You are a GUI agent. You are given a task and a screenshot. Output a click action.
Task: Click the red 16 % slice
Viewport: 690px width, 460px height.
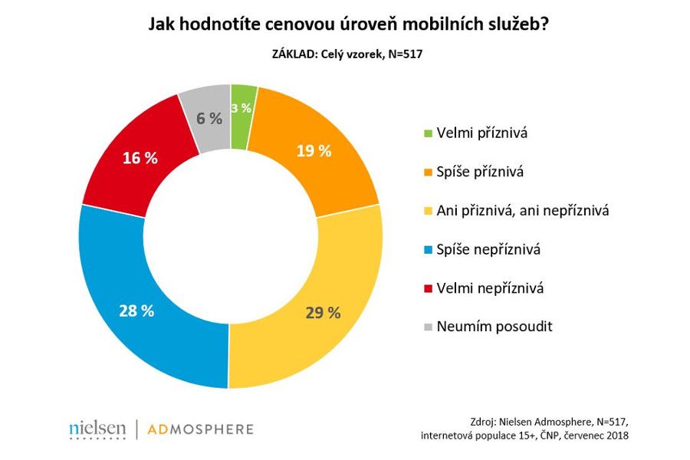click(x=140, y=159)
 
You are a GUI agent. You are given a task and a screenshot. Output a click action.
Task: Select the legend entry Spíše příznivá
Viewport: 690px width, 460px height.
click(x=480, y=172)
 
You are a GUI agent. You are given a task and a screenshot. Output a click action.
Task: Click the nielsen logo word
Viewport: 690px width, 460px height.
click(x=97, y=429)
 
